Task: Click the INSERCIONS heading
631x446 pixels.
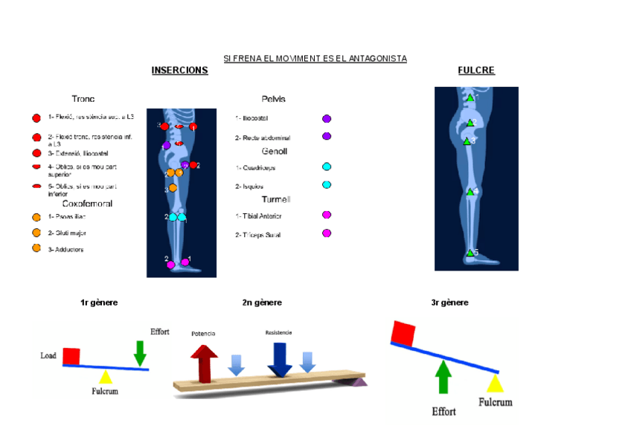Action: [179, 71]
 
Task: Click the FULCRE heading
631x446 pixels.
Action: [476, 71]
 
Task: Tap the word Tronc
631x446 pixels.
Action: [83, 99]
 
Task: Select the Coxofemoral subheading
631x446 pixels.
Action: [87, 204]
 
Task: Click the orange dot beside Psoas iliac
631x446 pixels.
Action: [36, 217]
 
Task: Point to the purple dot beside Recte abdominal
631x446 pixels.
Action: [327, 137]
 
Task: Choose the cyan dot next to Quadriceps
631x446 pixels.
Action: [327, 167]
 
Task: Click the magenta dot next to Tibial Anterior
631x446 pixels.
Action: [327, 215]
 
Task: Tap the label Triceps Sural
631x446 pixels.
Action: [260, 235]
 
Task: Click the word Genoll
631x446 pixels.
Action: [275, 152]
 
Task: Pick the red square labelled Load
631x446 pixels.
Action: [71, 356]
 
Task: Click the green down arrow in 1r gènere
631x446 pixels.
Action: [140, 353]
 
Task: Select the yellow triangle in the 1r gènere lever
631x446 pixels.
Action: [106, 376]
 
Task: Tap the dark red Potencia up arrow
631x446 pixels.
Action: [204, 362]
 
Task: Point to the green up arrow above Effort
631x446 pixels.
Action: [443, 376]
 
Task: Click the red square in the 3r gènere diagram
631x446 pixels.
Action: [403, 334]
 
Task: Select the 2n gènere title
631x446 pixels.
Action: [262, 303]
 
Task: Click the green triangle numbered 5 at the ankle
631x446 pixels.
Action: [470, 253]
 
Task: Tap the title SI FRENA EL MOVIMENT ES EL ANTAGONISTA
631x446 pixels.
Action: [315, 59]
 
